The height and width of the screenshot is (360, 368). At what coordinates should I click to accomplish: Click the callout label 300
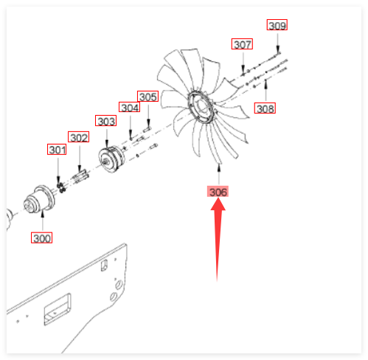pos(41,238)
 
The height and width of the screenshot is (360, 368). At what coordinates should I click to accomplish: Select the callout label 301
pos(57,150)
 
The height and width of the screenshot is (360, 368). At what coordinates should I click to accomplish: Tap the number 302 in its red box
pos(78,137)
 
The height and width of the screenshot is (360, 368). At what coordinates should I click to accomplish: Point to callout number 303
pos(105,121)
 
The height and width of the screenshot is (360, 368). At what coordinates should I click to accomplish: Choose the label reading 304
pos(130,107)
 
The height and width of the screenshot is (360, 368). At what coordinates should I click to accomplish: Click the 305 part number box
pos(147,97)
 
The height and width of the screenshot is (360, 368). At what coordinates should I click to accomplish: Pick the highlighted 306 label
pos(218,192)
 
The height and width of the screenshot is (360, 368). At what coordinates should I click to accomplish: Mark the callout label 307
pos(242,44)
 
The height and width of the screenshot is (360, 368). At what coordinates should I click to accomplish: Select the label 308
pos(265,108)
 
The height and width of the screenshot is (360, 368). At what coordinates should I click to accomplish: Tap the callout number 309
pos(277,25)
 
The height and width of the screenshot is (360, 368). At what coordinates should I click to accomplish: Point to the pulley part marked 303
pos(111,159)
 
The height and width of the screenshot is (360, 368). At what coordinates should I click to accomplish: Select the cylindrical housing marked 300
pos(39,198)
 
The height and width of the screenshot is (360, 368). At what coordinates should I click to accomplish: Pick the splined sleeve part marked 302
pos(80,176)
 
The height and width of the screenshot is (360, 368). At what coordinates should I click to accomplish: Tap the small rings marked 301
pos(61,188)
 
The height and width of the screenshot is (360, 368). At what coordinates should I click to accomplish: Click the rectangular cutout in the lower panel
pos(57,309)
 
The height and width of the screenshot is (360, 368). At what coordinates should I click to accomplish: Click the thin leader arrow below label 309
pos(278,43)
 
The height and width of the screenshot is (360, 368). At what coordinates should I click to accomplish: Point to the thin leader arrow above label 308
pos(265,90)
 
